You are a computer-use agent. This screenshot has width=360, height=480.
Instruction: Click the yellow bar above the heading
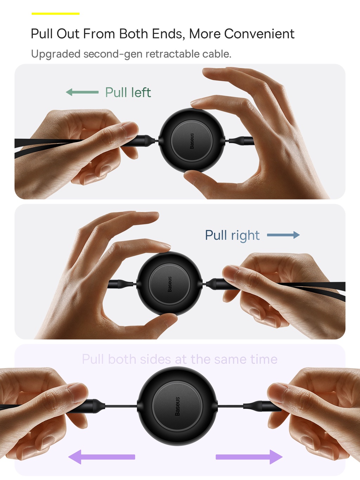click(56, 14)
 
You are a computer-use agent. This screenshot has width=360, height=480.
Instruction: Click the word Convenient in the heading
click(259, 34)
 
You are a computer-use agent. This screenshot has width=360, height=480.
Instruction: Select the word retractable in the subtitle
click(172, 54)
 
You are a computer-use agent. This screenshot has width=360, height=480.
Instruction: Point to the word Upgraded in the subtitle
click(56, 54)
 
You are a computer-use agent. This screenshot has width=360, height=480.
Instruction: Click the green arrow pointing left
click(82, 92)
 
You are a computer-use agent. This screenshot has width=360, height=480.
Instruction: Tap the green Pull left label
click(128, 92)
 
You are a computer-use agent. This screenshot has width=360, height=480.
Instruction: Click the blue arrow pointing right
click(283, 235)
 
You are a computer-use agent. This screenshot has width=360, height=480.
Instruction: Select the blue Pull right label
click(232, 235)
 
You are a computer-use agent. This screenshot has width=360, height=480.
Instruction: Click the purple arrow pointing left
click(102, 457)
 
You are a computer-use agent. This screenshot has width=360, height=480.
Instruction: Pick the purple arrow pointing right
click(249, 457)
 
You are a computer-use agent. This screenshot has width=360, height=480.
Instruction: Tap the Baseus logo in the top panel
click(192, 141)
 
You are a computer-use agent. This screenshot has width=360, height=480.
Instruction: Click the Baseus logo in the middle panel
click(169, 284)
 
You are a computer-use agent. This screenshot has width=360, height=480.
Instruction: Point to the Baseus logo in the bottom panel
click(178, 406)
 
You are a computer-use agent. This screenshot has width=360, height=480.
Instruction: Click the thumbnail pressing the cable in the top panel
click(129, 129)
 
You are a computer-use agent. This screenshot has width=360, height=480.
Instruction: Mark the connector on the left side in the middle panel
click(121, 284)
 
